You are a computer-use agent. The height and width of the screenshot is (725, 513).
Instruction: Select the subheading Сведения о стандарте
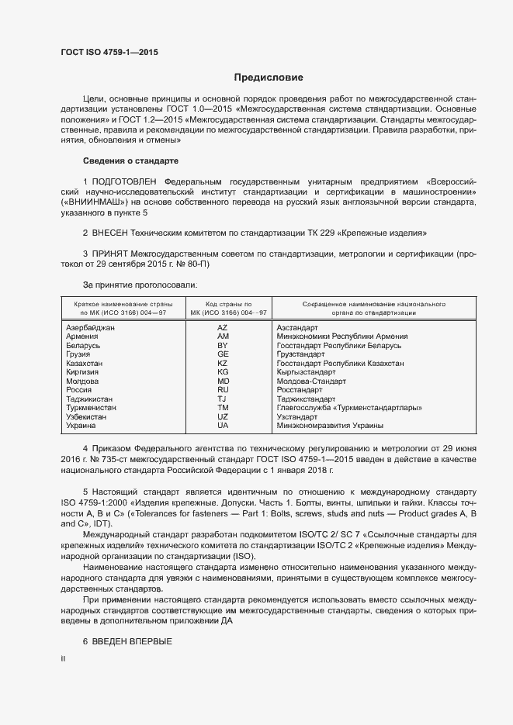130,161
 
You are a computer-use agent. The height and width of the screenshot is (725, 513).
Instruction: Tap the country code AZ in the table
223,328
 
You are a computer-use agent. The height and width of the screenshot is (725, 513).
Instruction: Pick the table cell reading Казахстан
85,364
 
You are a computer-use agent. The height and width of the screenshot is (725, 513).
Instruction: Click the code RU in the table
223,390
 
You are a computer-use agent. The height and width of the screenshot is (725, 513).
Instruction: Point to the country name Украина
81,426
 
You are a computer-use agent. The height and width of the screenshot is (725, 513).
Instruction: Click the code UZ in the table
223,416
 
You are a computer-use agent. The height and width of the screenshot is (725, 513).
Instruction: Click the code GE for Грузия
223,354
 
